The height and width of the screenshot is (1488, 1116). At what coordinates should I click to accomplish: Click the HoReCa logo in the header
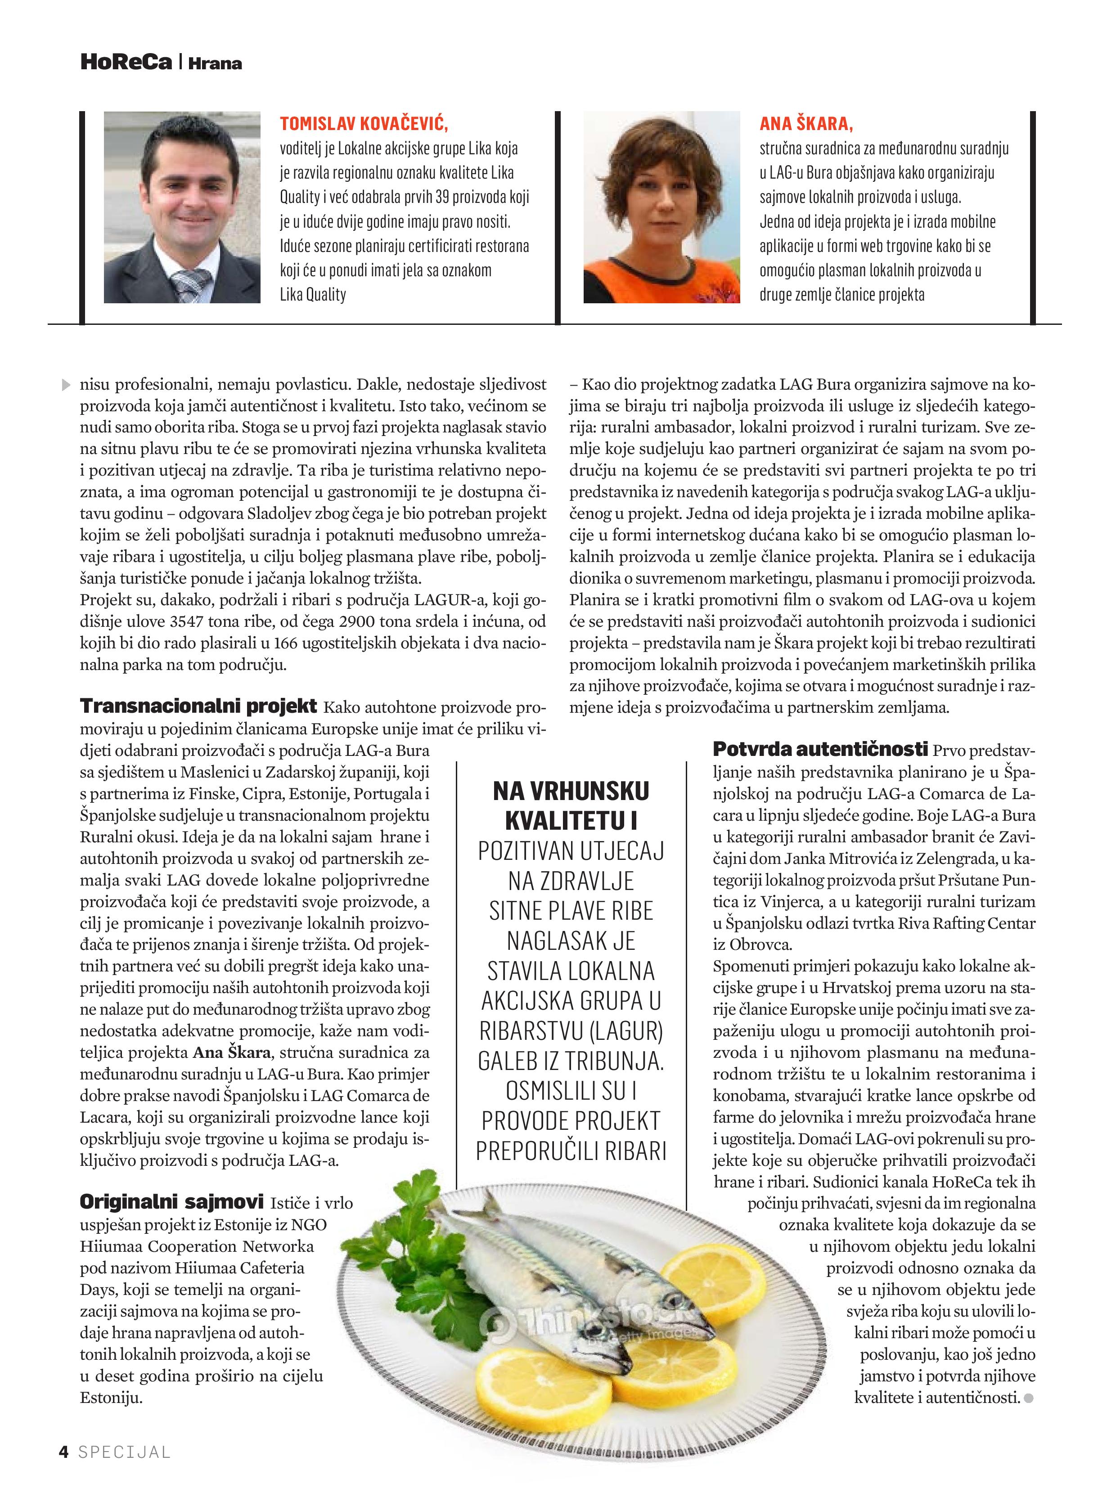126,63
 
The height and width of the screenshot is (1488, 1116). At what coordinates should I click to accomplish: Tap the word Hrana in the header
215,64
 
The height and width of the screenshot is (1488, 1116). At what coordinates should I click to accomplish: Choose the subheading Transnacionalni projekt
198,706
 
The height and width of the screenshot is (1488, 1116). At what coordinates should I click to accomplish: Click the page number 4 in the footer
64,1451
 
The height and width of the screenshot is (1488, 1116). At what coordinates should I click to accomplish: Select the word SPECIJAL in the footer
125,1452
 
